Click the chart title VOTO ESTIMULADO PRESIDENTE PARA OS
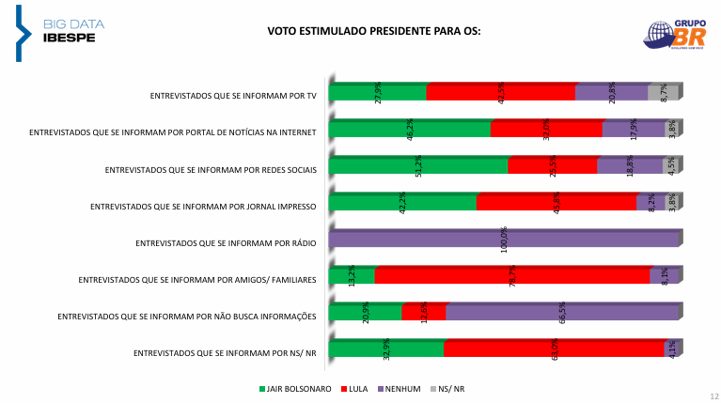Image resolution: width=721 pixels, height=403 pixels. point(374,31)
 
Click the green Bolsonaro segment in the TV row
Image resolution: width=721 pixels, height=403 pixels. point(378,92)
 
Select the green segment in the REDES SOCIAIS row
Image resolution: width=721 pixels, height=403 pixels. point(418,165)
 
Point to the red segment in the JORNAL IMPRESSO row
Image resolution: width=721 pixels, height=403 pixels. point(556,202)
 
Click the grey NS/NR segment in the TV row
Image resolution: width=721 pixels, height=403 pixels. point(663,92)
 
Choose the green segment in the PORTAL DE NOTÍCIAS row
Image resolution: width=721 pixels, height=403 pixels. point(410,129)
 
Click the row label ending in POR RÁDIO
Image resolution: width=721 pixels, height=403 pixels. point(226,242)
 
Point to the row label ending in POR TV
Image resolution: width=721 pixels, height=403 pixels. point(232,96)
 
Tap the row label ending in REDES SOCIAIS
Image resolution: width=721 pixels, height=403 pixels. point(211,169)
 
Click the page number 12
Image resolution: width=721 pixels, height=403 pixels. point(713,396)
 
